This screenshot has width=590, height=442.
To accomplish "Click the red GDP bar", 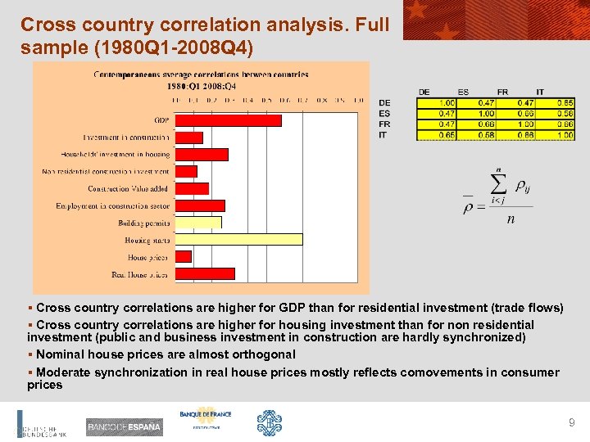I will pos(228,120).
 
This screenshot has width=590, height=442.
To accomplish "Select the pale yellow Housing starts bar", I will pos(238,240).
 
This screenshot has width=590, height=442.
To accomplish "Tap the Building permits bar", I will pos(197,223).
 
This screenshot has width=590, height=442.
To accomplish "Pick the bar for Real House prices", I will pos(205,273).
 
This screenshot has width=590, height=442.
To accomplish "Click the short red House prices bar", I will pos(183,257).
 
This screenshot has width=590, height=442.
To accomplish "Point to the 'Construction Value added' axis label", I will pos(129,188).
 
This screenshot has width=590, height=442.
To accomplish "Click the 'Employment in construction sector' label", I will pos(113,205).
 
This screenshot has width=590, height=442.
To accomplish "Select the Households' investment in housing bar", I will pos(202,154).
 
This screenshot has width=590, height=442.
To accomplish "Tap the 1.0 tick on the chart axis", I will pos(358,100).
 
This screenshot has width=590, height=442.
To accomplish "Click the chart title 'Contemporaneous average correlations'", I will pos(201,74).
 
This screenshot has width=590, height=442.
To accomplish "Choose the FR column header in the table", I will pos(503,92).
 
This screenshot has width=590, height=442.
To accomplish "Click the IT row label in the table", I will pos(383,134).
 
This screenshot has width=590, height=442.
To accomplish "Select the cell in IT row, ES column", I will pos(464,134).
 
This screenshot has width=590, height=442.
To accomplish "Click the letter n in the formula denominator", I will pos(511,219).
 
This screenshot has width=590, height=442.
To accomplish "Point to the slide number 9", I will pos(572,422).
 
